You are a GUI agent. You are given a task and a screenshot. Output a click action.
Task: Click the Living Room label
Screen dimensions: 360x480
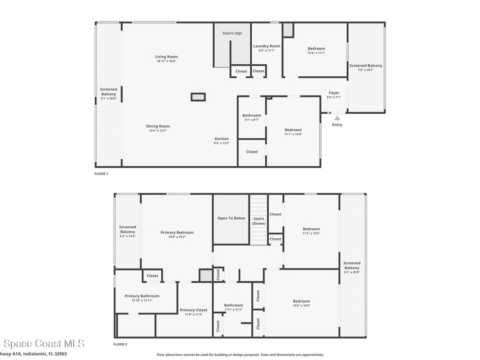tap(166, 57)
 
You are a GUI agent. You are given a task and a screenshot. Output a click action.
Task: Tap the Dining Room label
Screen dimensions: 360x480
tap(157, 126)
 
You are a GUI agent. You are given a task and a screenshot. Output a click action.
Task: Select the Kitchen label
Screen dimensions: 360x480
tap(222, 139)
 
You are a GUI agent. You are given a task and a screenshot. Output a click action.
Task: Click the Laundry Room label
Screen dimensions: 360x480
tap(267, 46)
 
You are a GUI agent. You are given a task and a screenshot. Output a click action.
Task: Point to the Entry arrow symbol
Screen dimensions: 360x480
tap(337, 118)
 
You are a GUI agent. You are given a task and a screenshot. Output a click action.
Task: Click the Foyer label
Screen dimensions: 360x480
tap(333, 93)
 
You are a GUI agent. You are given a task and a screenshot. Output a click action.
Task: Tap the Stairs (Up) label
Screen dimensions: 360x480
tap(232, 33)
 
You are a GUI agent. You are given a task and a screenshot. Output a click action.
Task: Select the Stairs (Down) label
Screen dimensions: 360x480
tap(259, 221)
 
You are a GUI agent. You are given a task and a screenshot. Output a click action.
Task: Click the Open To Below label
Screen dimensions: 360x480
tap(231, 218)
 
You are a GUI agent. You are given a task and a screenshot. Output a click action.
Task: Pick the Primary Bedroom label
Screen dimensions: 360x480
tap(177, 232)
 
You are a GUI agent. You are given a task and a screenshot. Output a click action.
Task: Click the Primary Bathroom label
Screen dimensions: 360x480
tap(142, 296)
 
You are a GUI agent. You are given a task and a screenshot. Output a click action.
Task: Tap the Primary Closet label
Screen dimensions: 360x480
tap(194, 310)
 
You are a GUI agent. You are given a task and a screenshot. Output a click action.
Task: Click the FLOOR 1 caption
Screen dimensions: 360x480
tap(101, 174)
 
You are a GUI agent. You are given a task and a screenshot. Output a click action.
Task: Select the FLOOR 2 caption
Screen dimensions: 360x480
tap(120, 344)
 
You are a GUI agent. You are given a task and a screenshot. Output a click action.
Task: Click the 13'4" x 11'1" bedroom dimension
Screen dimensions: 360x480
tap(316, 53)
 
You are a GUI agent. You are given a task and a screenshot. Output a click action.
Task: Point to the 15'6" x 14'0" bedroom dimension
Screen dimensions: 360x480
tap(301, 306)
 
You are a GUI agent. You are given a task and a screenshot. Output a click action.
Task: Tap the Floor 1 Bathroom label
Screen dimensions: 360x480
tap(252, 115)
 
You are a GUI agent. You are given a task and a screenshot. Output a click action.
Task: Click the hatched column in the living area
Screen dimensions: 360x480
tap(198, 97)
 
